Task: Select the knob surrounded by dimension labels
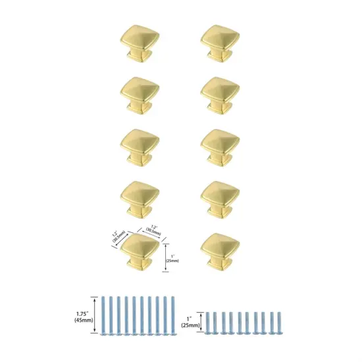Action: pos(139,250)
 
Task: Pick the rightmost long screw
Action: pos(172,317)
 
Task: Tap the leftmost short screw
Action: pos(209,322)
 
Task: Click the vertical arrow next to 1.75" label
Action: pos(95,316)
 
